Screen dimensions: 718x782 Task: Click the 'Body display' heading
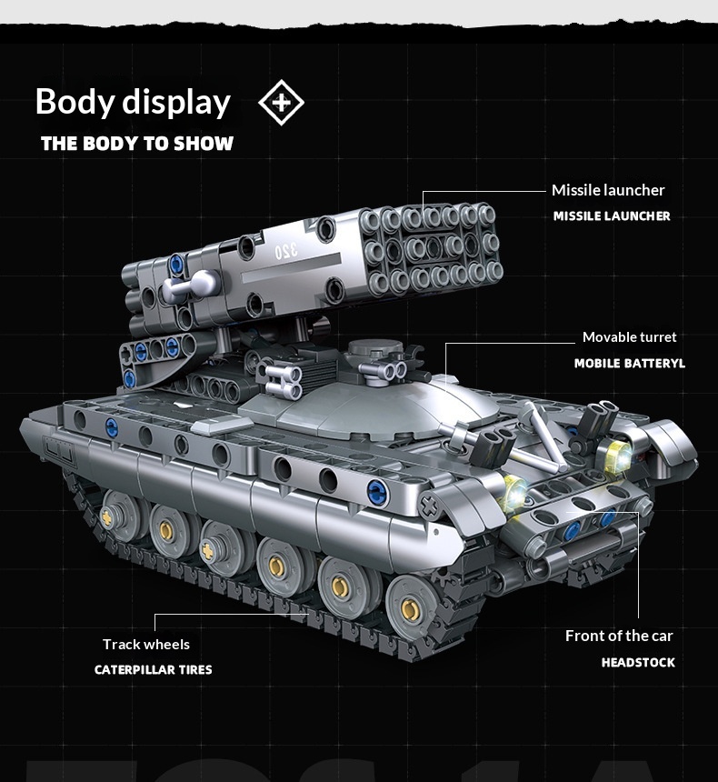133,102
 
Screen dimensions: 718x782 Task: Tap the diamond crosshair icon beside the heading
281,102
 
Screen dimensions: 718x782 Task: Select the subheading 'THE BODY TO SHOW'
137,144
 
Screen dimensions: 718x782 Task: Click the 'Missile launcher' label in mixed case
608,190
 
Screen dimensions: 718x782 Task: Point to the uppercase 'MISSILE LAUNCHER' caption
612,216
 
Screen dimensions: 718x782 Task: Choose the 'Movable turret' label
629,337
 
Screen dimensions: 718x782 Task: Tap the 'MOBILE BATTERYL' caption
630,363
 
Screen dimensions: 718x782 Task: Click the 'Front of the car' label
619,636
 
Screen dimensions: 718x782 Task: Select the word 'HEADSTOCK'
638,662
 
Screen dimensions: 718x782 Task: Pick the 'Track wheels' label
146,645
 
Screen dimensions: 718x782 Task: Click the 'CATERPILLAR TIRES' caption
153,669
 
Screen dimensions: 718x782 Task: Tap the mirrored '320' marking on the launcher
286,251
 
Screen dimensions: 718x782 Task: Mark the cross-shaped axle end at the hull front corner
429,506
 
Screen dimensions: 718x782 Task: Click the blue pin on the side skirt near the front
377,493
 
